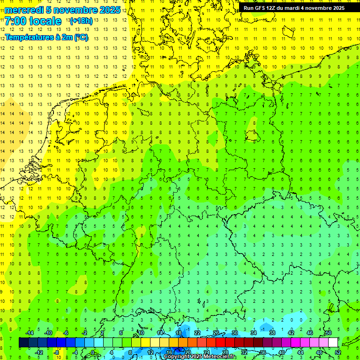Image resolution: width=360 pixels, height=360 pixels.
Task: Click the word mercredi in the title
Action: pos(24,10)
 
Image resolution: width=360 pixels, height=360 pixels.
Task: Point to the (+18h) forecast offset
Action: pos(81,21)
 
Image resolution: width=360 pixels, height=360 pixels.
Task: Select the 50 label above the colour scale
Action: pos(329,332)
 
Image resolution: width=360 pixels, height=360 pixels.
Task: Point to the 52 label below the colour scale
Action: pos(338,352)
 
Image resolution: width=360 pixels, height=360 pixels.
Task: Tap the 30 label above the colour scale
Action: pos(234,332)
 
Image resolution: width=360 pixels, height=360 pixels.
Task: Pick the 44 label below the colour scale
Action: pos(300,352)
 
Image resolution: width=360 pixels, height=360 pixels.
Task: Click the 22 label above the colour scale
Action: pos(197,332)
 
